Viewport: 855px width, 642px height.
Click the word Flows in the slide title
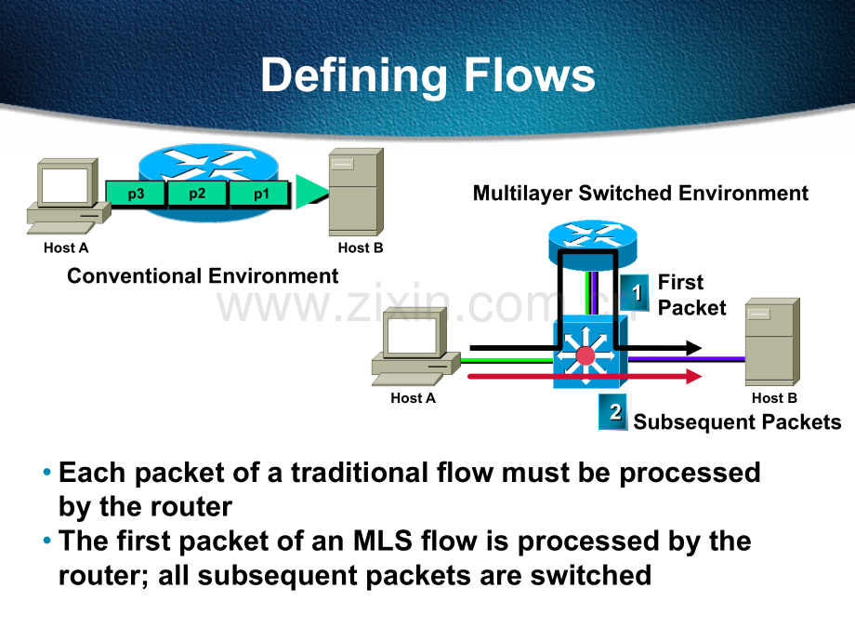(529, 75)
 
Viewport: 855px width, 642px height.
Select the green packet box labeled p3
(136, 194)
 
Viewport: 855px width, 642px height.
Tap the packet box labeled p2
(197, 194)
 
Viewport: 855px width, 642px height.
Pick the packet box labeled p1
(259, 194)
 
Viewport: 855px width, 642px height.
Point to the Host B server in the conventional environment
(356, 192)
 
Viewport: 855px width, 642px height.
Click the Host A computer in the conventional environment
(68, 195)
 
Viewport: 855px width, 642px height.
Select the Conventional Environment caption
(203, 275)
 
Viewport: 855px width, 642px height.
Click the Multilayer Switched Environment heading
(640, 194)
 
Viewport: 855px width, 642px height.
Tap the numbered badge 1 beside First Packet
(634, 292)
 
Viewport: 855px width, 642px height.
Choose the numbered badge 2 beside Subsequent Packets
(612, 411)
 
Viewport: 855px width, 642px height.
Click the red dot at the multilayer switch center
(585, 355)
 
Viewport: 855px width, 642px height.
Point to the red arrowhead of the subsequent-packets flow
(693, 376)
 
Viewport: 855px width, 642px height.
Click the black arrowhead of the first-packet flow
(693, 348)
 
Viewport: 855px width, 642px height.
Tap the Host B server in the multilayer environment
(772, 341)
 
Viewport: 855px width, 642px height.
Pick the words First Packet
(692, 295)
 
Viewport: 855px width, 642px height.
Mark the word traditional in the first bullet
(360, 473)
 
